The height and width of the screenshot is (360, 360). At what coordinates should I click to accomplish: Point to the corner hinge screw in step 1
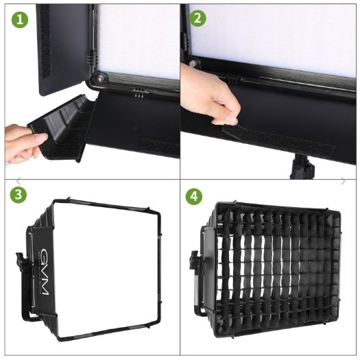(x=100, y=77)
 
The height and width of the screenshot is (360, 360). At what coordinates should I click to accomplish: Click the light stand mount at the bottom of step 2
(x=299, y=167)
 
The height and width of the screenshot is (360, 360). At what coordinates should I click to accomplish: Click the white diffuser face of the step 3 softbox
(x=106, y=267)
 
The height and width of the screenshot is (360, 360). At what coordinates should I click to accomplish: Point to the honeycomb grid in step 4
(x=281, y=274)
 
